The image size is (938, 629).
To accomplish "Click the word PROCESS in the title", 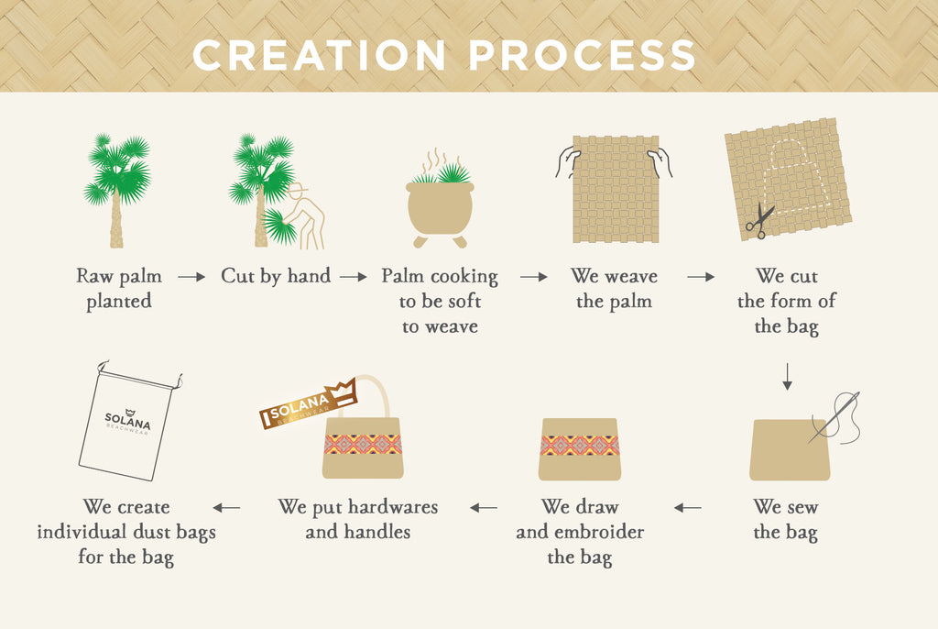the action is [582, 55].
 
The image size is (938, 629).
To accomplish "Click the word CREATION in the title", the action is [319, 55].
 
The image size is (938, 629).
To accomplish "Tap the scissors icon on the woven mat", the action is [759, 220].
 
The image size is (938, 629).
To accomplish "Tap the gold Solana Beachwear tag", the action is [308, 403].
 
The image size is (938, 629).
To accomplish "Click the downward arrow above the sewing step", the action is [787, 376].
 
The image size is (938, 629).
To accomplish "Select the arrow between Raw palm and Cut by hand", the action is [191, 277].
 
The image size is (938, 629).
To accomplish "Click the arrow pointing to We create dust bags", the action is [226, 508].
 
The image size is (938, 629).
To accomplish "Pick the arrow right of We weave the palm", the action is [701, 277].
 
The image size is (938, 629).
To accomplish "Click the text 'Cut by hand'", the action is [276, 276].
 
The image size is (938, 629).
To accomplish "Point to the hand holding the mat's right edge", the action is [660, 163].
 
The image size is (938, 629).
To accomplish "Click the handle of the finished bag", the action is [384, 395].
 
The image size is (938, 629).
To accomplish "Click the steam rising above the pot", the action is [435, 161].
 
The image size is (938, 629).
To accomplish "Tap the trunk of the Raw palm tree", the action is [116, 218].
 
